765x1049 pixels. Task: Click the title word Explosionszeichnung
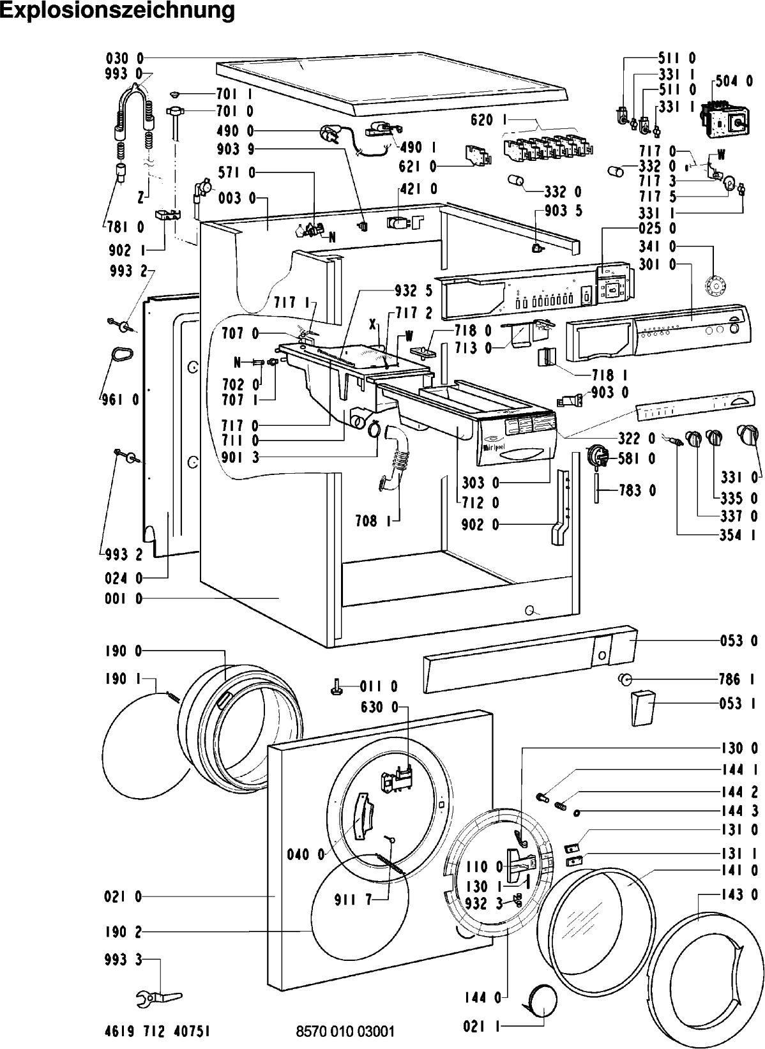coord(117,11)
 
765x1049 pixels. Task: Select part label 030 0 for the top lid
coord(125,59)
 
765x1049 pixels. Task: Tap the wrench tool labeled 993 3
coord(158,997)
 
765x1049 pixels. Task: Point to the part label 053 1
coord(738,704)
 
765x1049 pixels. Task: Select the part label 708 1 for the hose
coord(373,521)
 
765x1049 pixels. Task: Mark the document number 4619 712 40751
coord(157,1030)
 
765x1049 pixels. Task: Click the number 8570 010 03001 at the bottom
coord(345,1031)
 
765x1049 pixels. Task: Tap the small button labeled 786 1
coord(625,679)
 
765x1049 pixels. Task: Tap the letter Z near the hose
coord(140,198)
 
